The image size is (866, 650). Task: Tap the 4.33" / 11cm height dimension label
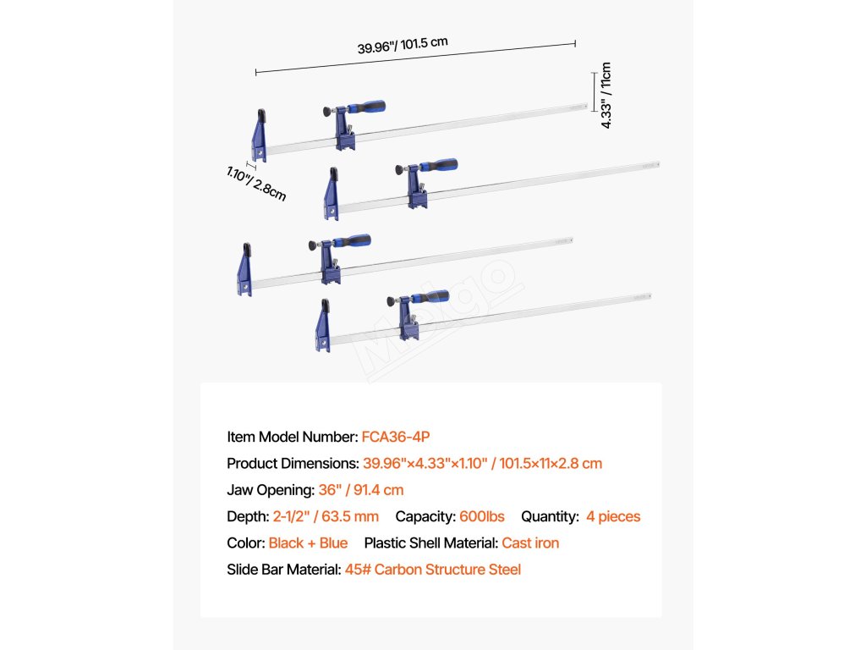pyautogui.click(x=605, y=95)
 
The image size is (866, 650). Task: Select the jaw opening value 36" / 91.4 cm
pyautogui.click(x=361, y=490)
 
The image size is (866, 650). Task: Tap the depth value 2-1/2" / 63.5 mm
pyautogui.click(x=326, y=516)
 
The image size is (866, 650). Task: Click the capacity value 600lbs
pyautogui.click(x=482, y=516)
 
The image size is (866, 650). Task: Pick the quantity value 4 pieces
pyautogui.click(x=613, y=516)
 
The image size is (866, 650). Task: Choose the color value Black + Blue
pyautogui.click(x=308, y=543)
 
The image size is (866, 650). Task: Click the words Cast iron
pyautogui.click(x=530, y=543)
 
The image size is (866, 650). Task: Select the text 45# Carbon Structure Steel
pyautogui.click(x=433, y=570)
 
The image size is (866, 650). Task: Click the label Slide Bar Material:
pyautogui.click(x=284, y=570)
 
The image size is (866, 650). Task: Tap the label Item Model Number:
pyautogui.click(x=293, y=437)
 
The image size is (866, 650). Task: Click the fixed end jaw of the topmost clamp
pyautogui.click(x=259, y=135)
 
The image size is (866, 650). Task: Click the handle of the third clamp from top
pyautogui.click(x=350, y=241)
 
